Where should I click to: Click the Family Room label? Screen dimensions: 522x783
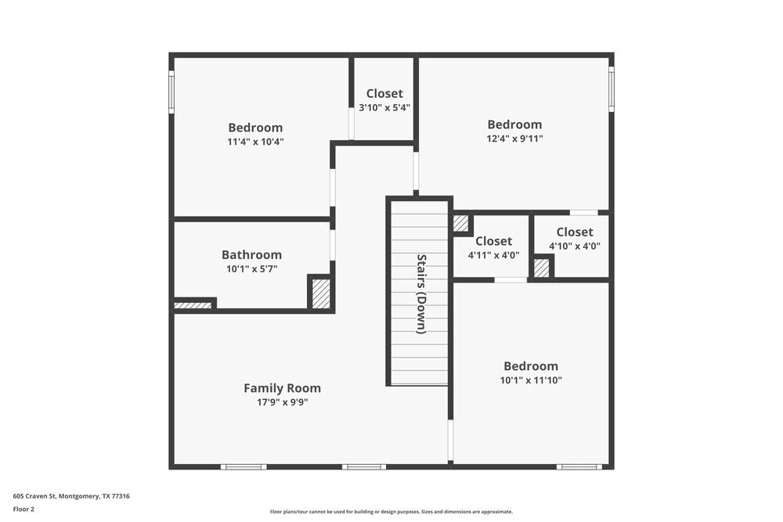[x=282, y=388]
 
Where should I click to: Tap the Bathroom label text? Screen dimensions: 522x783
[x=251, y=255]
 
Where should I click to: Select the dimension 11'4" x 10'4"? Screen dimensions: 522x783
[x=255, y=142]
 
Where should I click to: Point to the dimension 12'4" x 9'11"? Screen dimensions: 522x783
[x=514, y=139]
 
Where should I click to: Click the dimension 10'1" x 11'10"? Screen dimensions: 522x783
[x=532, y=380]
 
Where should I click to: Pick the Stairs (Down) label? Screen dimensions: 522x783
[x=421, y=293]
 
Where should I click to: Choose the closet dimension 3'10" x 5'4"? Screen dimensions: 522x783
[x=384, y=108]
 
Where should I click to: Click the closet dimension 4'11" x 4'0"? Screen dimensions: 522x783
[x=493, y=255]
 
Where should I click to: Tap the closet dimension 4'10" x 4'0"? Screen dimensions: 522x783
[x=575, y=246]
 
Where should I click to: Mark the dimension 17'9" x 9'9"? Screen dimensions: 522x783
[x=282, y=402]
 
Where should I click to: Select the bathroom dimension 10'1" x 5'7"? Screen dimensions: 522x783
[x=251, y=269]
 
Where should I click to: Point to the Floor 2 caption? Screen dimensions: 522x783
[x=23, y=509]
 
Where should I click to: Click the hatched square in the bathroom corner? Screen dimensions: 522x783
[x=321, y=293]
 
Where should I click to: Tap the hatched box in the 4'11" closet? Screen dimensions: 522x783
[x=460, y=223]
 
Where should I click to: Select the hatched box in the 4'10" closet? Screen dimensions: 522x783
[x=542, y=268]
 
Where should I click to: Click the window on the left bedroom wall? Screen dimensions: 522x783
[x=171, y=92]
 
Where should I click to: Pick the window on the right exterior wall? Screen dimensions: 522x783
[x=612, y=88]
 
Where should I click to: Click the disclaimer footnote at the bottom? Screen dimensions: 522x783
[x=391, y=512]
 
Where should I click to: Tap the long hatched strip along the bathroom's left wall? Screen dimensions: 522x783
[x=193, y=305]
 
